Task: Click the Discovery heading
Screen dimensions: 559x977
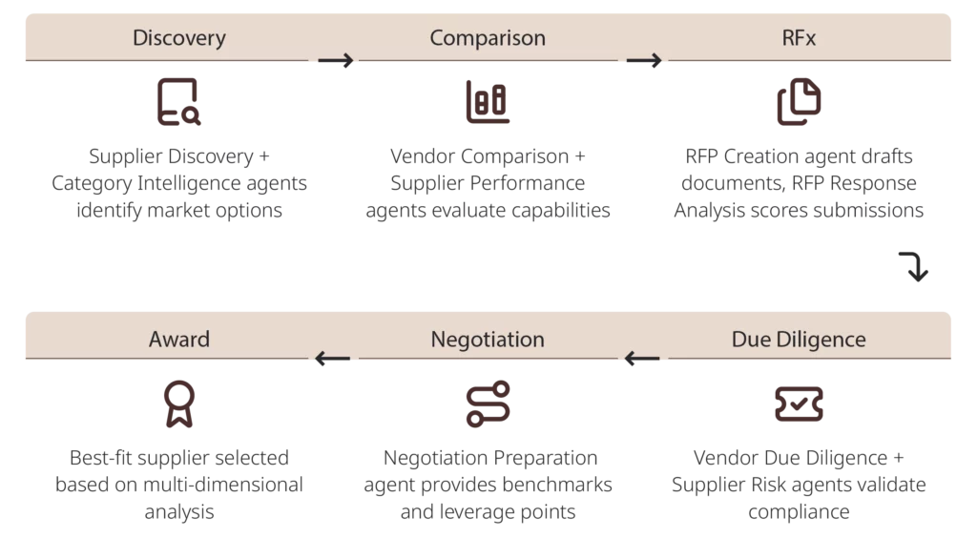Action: (x=179, y=38)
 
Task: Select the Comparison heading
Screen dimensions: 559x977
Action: (x=488, y=38)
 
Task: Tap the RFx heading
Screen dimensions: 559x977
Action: (x=798, y=38)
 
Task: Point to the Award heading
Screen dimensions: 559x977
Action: (x=179, y=339)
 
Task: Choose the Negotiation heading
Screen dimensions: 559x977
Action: (x=488, y=339)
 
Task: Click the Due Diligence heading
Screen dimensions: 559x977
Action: (x=799, y=339)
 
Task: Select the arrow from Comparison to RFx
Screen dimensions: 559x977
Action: (x=644, y=62)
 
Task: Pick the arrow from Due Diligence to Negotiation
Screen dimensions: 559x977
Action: (x=643, y=361)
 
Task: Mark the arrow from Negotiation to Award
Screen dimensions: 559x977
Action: (x=333, y=361)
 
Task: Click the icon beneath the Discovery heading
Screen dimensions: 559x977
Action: (x=178, y=103)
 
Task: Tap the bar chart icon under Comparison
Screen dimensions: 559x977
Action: (x=488, y=103)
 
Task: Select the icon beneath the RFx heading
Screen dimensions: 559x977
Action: (x=797, y=101)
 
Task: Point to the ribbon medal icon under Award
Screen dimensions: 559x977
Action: (x=178, y=404)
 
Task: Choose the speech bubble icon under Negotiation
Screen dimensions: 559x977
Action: (x=488, y=404)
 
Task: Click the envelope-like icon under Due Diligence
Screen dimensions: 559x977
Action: (x=797, y=405)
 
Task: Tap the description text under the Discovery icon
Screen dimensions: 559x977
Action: (x=178, y=180)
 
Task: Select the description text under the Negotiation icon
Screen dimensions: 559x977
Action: (x=488, y=485)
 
